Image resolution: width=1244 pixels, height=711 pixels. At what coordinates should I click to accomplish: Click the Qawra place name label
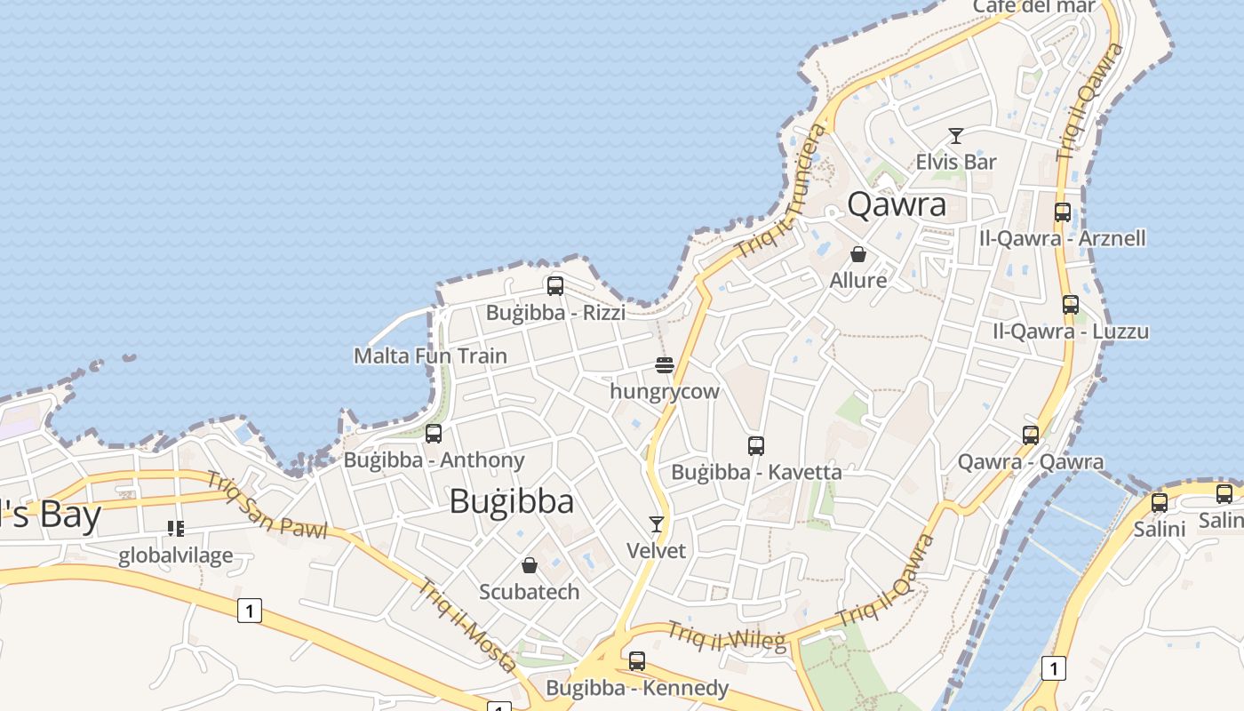[x=897, y=204]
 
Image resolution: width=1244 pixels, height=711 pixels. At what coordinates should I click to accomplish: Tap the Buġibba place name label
[x=511, y=502]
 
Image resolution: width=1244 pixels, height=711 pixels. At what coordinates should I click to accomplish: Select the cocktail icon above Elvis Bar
[x=956, y=136]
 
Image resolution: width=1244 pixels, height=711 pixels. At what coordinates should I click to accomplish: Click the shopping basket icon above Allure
[x=858, y=254]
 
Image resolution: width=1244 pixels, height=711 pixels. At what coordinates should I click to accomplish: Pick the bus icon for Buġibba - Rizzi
[x=555, y=285]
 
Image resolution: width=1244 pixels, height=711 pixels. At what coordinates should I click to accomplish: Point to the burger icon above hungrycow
[x=665, y=364]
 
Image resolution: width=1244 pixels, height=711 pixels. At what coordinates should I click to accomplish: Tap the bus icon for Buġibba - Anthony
[x=434, y=434]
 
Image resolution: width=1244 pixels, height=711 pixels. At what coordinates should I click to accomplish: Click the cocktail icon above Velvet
[x=657, y=524]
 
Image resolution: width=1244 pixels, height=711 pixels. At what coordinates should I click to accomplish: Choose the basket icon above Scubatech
[x=530, y=565]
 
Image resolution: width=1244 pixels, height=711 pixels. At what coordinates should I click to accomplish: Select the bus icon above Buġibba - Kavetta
[x=756, y=445]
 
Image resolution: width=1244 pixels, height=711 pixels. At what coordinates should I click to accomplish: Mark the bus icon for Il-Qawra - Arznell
[x=1063, y=212]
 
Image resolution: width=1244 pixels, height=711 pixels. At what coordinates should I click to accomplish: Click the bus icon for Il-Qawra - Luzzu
[x=1071, y=305]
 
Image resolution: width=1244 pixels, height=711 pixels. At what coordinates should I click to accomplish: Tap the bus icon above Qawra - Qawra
[x=1031, y=435]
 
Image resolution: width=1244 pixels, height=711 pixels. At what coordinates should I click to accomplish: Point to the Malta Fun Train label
[x=430, y=356]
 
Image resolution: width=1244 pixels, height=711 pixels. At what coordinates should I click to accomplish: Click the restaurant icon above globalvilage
[x=176, y=529]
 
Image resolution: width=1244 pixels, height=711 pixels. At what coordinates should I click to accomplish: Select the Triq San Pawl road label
[x=266, y=504]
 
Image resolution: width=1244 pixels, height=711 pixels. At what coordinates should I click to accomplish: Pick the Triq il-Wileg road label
[x=726, y=635]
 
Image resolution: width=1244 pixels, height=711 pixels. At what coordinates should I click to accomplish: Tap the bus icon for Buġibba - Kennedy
[x=637, y=661]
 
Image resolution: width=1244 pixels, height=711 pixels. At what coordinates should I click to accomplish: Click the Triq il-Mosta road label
[x=467, y=625]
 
